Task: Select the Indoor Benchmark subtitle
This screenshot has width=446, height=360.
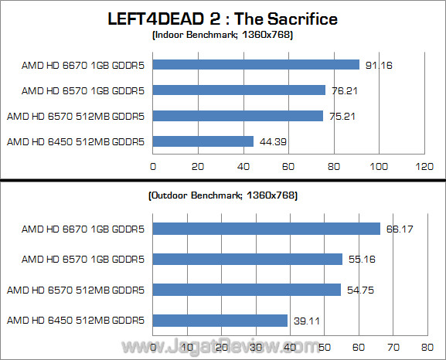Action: click(x=223, y=36)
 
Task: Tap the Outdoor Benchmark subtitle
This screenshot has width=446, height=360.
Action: click(x=223, y=196)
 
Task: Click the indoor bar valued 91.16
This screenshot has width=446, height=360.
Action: click(x=256, y=65)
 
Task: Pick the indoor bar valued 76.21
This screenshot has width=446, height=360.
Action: click(x=239, y=90)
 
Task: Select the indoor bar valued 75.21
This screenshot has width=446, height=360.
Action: click(x=238, y=116)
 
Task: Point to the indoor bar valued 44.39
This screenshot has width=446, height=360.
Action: click(x=203, y=141)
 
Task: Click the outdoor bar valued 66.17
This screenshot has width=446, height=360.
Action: click(x=267, y=229)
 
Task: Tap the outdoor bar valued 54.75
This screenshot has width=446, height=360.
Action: click(x=247, y=290)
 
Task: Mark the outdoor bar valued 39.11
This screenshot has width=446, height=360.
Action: click(x=220, y=320)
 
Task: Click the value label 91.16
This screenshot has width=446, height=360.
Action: click(x=378, y=65)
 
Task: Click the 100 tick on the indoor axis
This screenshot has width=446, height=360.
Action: click(x=379, y=166)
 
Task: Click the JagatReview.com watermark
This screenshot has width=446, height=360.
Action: click(x=224, y=346)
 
